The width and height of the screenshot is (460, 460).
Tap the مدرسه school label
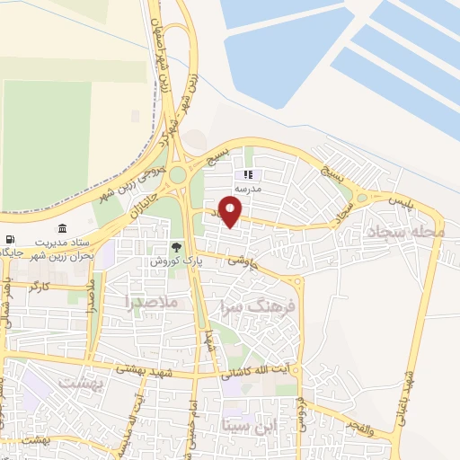[248, 190]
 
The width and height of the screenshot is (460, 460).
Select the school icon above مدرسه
[249, 176]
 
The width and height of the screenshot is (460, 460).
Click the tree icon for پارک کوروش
[176, 247]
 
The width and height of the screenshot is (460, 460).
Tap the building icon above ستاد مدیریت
[62, 228]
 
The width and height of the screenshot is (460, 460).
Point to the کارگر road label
[40, 286]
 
